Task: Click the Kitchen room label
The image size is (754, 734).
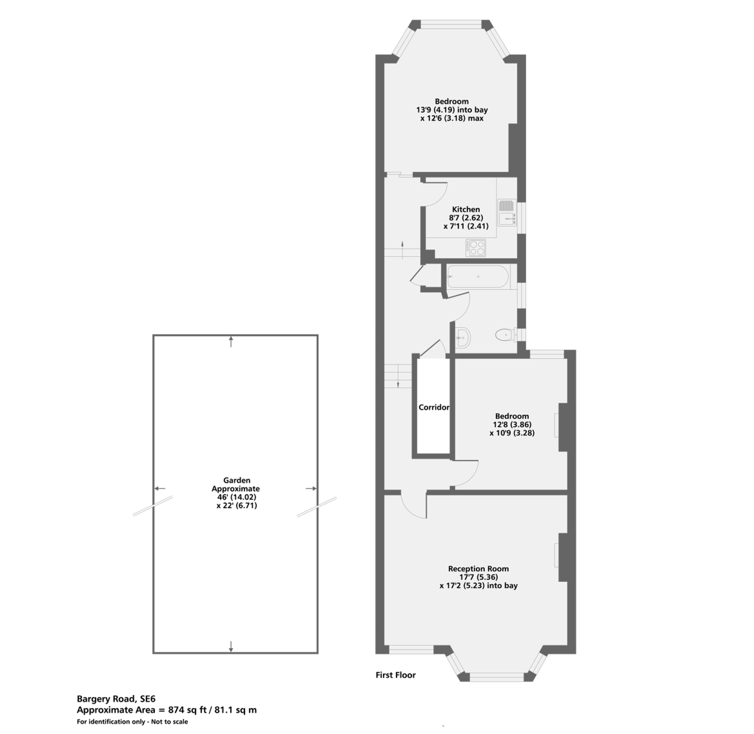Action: pyautogui.click(x=466, y=209)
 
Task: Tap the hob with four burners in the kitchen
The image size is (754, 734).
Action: pyautogui.click(x=476, y=248)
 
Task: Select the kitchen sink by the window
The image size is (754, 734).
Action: pyautogui.click(x=507, y=212)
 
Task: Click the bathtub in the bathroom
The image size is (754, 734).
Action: pyautogui.click(x=478, y=276)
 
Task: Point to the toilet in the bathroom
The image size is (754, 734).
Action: pyautogui.click(x=507, y=334)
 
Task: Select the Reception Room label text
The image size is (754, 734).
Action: pyautogui.click(x=479, y=569)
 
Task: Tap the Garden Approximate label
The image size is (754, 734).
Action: pyautogui.click(x=236, y=485)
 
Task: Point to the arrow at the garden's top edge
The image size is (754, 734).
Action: pyautogui.click(x=231, y=342)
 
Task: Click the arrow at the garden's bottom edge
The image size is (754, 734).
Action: pyautogui.click(x=231, y=646)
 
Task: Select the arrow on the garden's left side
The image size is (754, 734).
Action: pyautogui.click(x=160, y=488)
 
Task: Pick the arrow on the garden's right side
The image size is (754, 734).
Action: pyautogui.click(x=311, y=488)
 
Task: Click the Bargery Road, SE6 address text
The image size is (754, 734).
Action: pyautogui.click(x=116, y=699)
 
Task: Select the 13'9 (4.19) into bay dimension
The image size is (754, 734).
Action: pyautogui.click(x=452, y=110)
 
